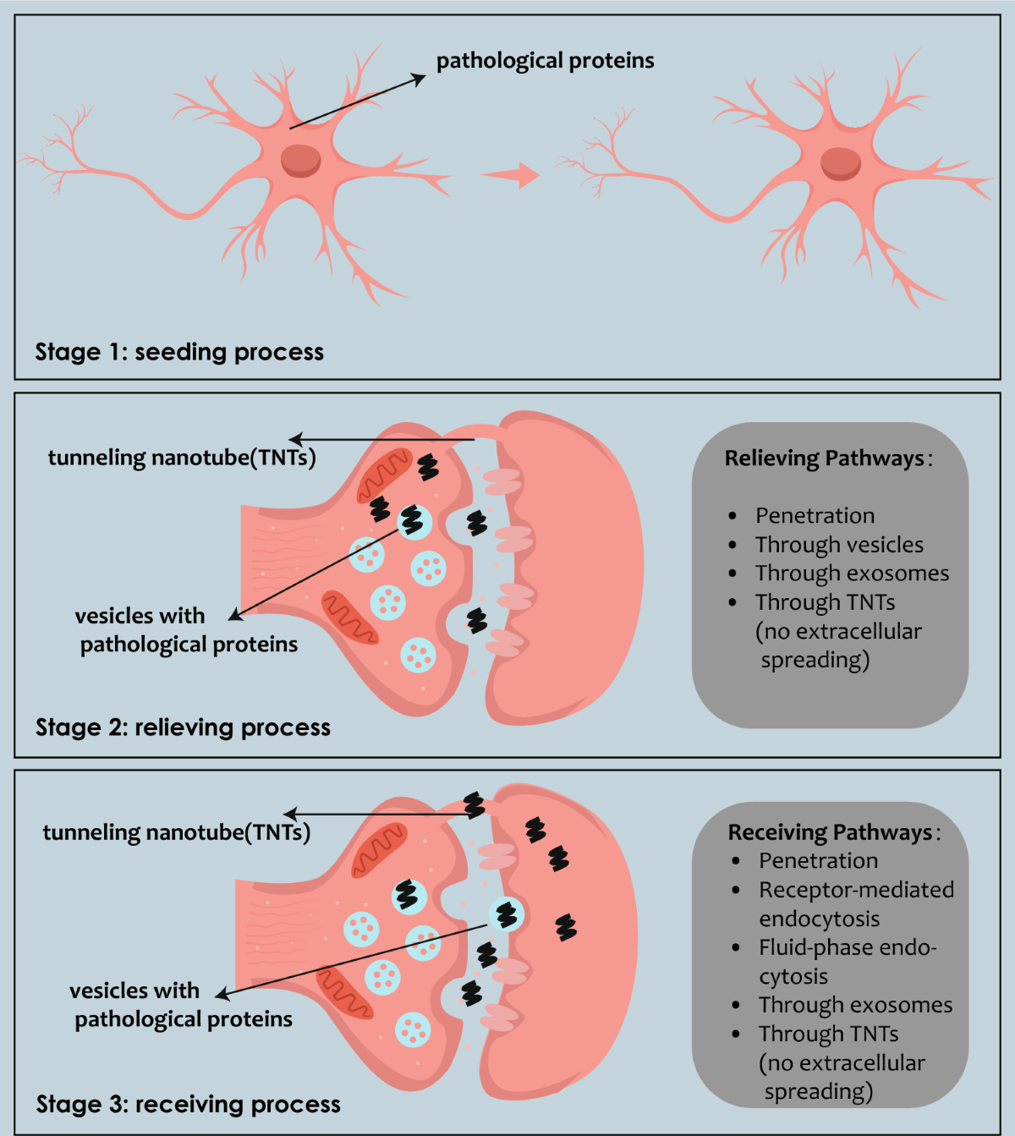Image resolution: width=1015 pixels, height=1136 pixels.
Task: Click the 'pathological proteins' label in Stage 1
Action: [x=545, y=61]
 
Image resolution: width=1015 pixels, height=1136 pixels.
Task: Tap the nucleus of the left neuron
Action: [x=301, y=160]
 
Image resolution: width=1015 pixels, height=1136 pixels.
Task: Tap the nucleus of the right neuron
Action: [x=840, y=163]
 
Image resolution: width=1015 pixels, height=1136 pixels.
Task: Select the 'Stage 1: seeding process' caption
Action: [x=179, y=352]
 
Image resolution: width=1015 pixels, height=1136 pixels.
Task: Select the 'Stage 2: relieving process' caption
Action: [x=183, y=727]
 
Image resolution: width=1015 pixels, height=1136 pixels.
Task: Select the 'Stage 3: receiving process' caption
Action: [x=188, y=1104]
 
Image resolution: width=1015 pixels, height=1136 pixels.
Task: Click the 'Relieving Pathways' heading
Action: [x=825, y=458]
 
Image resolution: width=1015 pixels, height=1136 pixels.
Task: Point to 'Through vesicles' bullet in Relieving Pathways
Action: [x=839, y=545]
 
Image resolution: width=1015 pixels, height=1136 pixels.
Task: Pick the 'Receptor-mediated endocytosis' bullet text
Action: [x=855, y=904]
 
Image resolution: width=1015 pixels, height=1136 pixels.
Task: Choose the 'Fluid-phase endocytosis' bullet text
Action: [x=847, y=962]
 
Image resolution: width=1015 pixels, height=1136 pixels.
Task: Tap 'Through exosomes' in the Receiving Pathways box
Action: [x=855, y=1005]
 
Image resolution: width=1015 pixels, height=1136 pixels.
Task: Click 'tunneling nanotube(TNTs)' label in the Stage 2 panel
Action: [x=182, y=458]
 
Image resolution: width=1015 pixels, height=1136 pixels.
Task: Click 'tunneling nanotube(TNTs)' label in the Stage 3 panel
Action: [x=177, y=832]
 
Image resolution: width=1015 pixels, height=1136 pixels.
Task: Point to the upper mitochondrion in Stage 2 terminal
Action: [x=383, y=475]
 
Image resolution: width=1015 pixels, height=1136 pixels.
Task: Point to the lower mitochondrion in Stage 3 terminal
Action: [x=344, y=992]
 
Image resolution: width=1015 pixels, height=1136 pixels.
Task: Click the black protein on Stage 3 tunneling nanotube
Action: [x=474, y=805]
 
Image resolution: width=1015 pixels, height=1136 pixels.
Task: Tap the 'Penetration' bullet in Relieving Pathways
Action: [x=815, y=516]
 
